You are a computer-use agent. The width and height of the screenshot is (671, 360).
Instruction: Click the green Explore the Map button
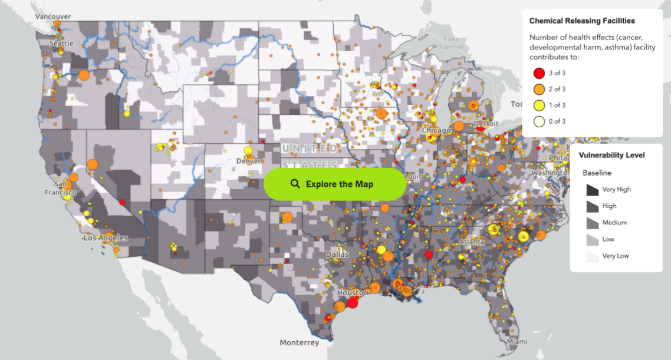pyautogui.click(x=334, y=184)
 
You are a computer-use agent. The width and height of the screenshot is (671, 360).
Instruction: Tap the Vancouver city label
pyautogui.click(x=53, y=16)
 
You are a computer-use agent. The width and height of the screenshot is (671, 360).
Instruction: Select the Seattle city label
pyautogui.click(x=61, y=44)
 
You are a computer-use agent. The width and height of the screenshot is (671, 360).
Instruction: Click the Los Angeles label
pyautogui.click(x=106, y=238)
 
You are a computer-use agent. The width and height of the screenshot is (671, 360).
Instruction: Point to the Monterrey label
pyautogui.click(x=299, y=342)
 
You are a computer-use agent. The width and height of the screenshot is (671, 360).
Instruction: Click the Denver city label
pyautogui.click(x=248, y=161)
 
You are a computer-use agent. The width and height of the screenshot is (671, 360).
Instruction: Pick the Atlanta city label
pyautogui.click(x=472, y=242)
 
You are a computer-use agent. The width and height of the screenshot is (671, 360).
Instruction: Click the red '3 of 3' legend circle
pyautogui.click(x=538, y=73)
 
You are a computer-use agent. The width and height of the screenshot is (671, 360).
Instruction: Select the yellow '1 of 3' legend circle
pyautogui.click(x=538, y=105)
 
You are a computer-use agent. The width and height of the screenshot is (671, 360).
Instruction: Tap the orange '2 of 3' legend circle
pyautogui.click(x=538, y=90)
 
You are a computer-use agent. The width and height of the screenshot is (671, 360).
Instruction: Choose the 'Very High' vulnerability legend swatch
pyautogui.click(x=591, y=190)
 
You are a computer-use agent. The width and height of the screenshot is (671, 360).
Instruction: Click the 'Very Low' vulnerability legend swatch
pyautogui.click(x=591, y=256)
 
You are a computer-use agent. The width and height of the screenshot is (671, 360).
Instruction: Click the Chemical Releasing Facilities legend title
pyautogui.click(x=582, y=21)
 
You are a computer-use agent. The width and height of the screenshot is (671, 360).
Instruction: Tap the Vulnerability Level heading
pyautogui.click(x=611, y=156)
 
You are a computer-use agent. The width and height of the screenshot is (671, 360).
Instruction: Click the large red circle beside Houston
pyautogui.click(x=353, y=303)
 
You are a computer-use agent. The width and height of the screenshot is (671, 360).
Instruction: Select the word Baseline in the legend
pyautogui.click(x=597, y=173)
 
